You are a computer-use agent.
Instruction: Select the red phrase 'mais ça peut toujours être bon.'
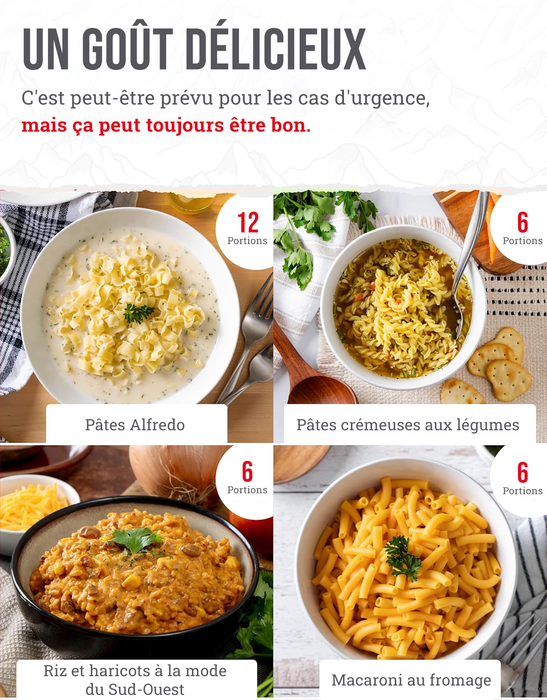tap(166, 126)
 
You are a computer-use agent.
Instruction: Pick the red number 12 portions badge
tap(247, 223)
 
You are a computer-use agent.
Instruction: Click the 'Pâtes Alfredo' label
tap(135, 425)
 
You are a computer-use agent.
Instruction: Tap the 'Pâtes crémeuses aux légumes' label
tap(407, 425)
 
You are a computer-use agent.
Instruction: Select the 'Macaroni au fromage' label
tap(411, 680)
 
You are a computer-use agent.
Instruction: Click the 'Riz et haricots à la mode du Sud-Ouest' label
tap(135, 679)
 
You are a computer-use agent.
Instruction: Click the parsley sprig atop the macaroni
tap(402, 557)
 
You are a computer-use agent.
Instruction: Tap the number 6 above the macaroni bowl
tap(522, 472)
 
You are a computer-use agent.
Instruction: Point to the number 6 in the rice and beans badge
tap(247, 471)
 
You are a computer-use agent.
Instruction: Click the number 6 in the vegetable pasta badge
tap(522, 223)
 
